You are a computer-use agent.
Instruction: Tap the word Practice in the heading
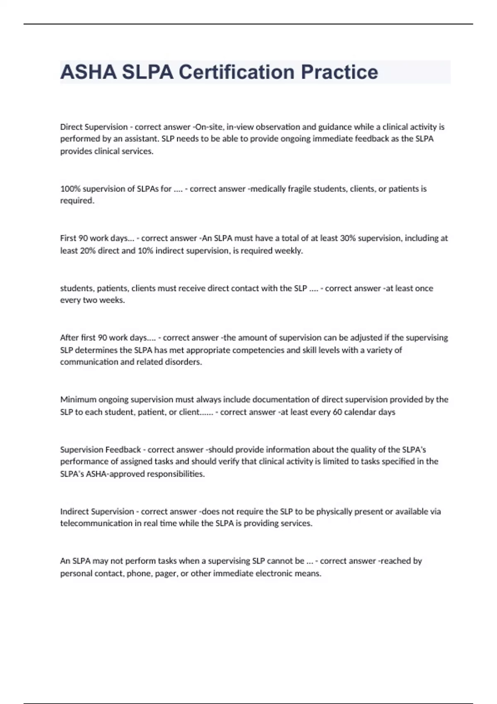click(x=340, y=72)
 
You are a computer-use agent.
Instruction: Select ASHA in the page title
click(x=88, y=72)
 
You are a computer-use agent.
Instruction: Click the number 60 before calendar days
click(x=337, y=412)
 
